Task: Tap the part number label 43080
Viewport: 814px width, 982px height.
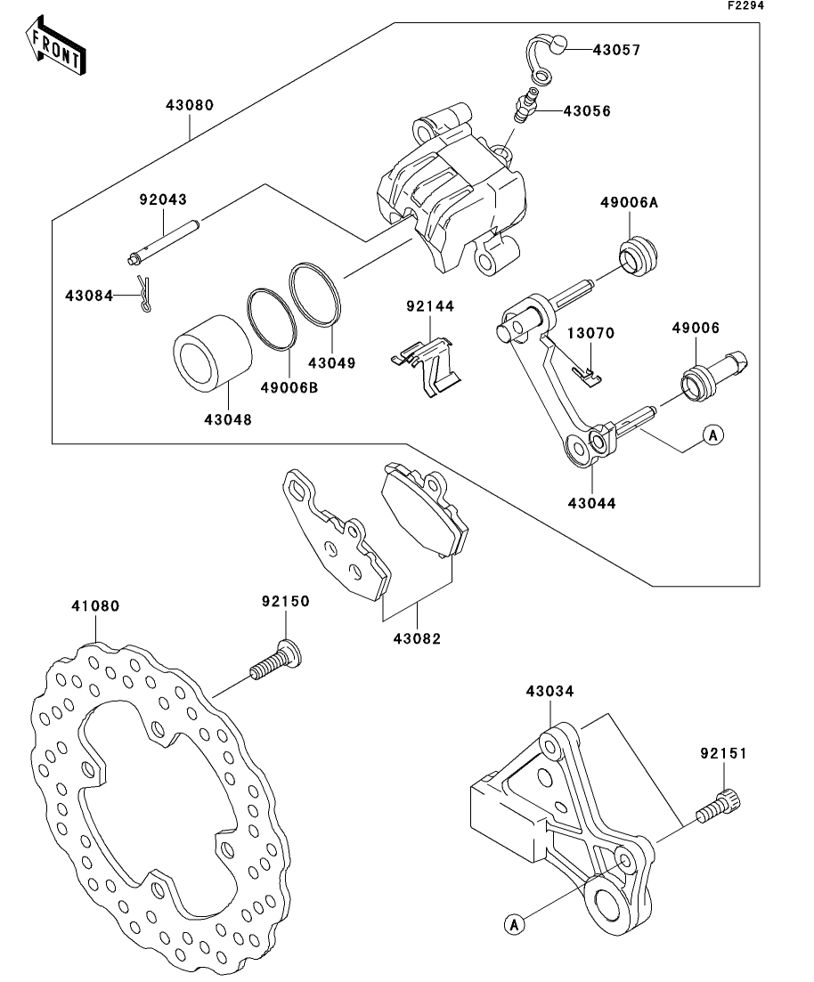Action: coord(189,105)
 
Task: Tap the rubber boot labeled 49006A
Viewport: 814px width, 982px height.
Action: coord(639,256)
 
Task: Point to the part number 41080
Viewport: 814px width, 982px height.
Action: coord(95,605)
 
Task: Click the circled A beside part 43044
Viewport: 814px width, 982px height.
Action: coord(712,434)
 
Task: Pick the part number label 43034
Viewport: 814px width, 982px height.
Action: coord(549,690)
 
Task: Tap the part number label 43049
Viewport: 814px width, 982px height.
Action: coord(331,362)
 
